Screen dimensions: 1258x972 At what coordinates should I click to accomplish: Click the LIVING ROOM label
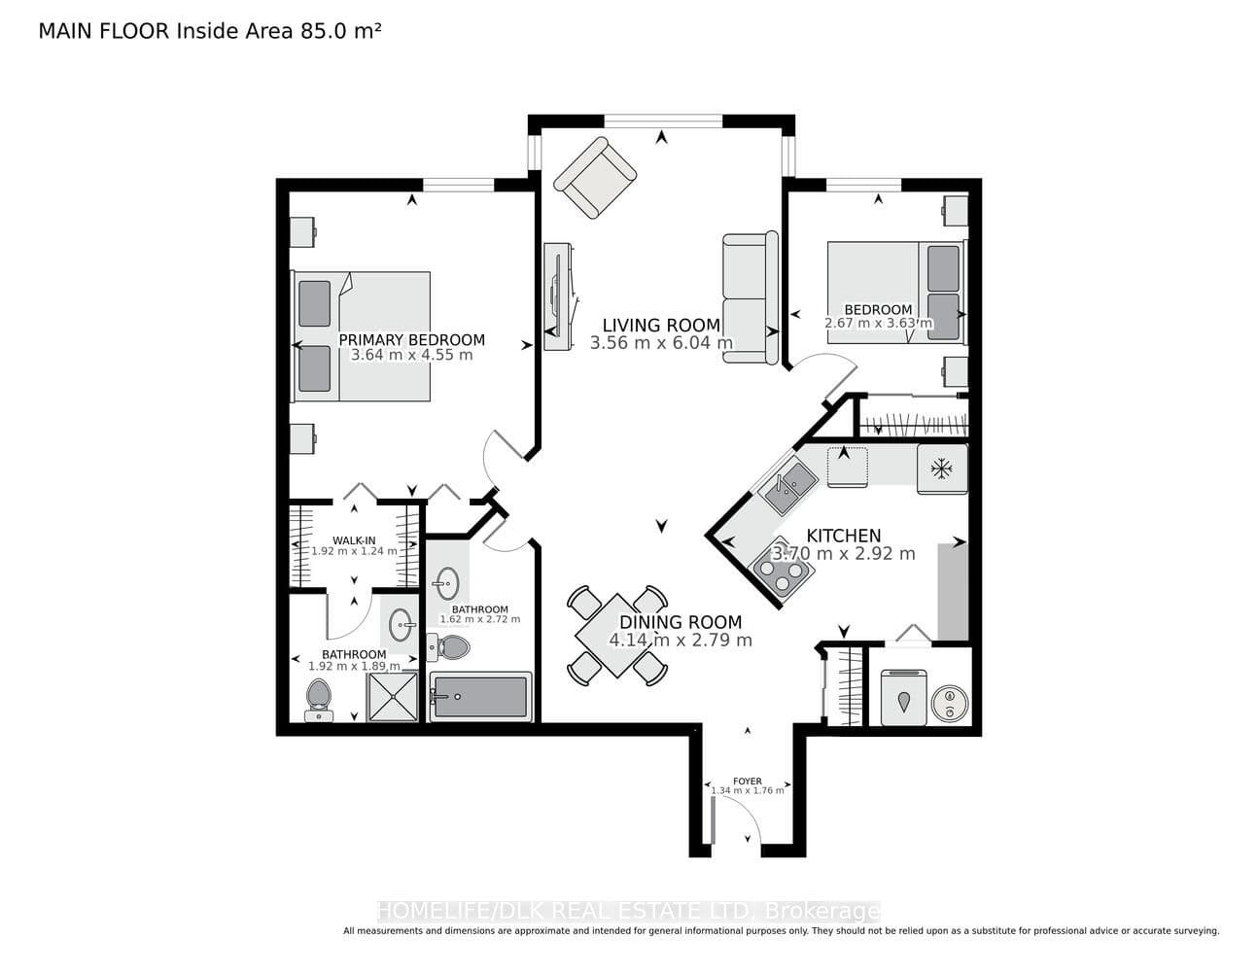coord(661,326)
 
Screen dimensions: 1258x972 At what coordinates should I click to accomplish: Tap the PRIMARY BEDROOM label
coord(411,339)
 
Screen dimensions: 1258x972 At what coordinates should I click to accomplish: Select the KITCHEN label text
coord(844,536)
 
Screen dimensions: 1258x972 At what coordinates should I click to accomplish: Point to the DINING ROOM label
coord(681,622)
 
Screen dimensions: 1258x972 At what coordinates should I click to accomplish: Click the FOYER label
coord(748,781)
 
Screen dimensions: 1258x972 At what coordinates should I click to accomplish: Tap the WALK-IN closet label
coord(354,540)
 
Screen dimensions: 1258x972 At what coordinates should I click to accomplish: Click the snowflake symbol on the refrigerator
coord(942,469)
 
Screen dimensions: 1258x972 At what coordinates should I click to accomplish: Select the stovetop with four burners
coord(782,571)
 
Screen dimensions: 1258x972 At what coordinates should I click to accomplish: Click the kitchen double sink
coord(788,484)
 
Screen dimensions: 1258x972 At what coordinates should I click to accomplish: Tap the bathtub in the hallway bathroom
coord(480,697)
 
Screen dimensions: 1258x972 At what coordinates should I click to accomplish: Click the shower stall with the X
coord(393,697)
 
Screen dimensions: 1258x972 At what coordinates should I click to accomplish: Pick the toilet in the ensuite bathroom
coord(318,701)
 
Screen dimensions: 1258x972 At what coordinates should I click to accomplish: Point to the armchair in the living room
coord(595,177)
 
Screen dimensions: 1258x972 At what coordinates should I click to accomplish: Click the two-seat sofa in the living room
coord(751,297)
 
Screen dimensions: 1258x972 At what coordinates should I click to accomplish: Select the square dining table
coord(617,636)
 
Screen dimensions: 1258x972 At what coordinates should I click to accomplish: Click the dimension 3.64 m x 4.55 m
coord(411,355)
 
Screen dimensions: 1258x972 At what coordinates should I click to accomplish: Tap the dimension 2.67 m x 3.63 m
coord(878,323)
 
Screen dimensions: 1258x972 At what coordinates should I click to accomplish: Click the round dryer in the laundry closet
coord(950,703)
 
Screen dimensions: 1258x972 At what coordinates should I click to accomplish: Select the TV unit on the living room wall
coord(559,296)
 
